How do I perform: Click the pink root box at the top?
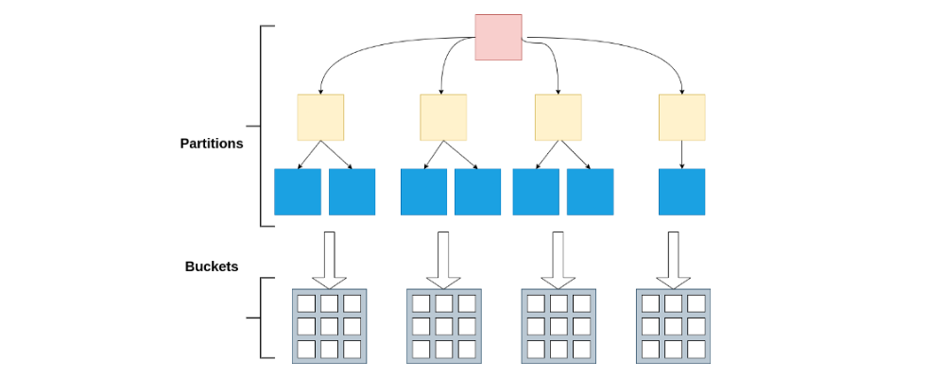tap(498, 38)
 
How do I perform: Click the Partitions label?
tap(212, 145)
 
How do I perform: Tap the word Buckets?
tap(212, 267)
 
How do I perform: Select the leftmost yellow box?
tap(320, 117)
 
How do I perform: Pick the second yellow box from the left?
tap(443, 117)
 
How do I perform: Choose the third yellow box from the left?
tap(558, 117)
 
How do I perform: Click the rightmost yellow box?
tap(681, 117)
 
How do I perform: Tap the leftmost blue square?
tap(298, 192)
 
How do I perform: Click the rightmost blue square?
tap(681, 192)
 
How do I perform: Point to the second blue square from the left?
tap(352, 192)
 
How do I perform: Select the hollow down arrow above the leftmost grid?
tap(329, 259)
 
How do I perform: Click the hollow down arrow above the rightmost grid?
tap(674, 259)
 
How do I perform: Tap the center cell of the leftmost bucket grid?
tap(328, 326)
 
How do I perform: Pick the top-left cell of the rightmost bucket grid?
tap(651, 304)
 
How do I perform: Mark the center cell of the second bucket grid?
tap(443, 326)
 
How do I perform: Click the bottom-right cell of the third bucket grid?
tap(581, 349)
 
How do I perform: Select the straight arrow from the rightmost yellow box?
tap(682, 154)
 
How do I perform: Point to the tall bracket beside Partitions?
tap(262, 126)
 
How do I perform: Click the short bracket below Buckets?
tap(262, 318)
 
